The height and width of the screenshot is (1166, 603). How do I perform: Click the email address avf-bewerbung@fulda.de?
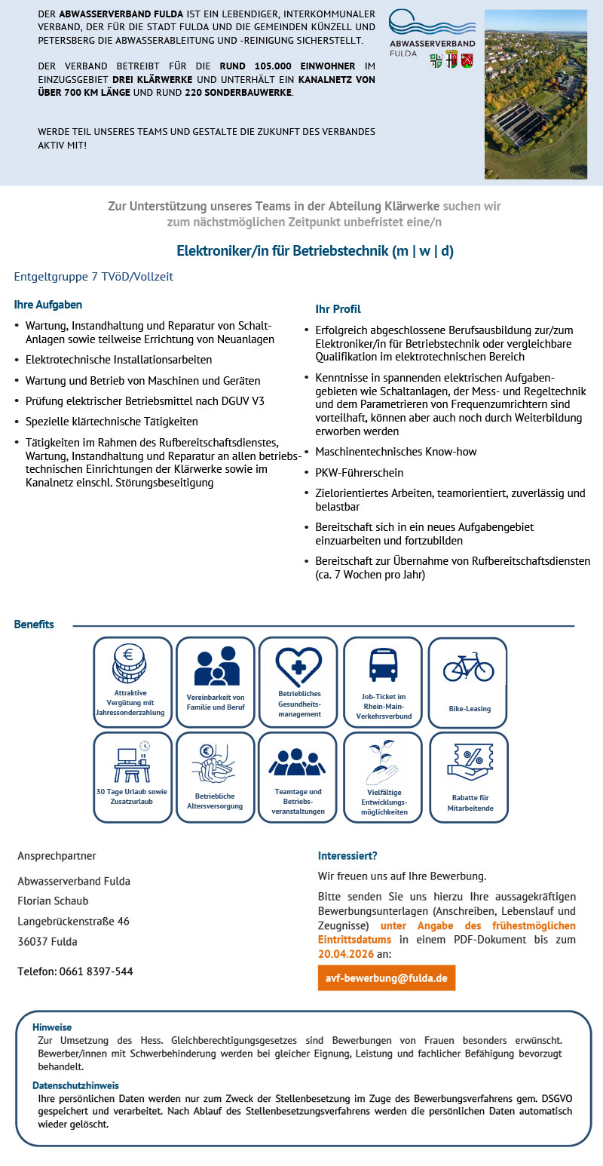(x=387, y=978)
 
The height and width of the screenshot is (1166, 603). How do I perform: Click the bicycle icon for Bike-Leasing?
(x=468, y=667)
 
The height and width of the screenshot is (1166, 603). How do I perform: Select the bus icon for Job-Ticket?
(x=383, y=665)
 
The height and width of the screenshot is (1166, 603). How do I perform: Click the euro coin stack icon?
(x=129, y=663)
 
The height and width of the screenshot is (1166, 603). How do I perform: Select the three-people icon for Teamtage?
(x=298, y=763)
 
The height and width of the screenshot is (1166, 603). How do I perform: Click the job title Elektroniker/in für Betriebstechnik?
(x=315, y=251)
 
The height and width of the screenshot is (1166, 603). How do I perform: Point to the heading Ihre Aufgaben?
(x=48, y=305)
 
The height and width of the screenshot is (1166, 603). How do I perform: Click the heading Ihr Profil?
(x=338, y=309)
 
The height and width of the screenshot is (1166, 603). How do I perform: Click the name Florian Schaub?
(x=53, y=901)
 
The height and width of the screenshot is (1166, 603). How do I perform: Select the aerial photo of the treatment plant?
(x=535, y=94)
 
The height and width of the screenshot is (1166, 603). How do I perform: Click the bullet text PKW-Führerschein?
(x=359, y=473)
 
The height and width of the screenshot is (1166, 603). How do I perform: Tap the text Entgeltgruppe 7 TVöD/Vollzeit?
(x=93, y=277)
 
